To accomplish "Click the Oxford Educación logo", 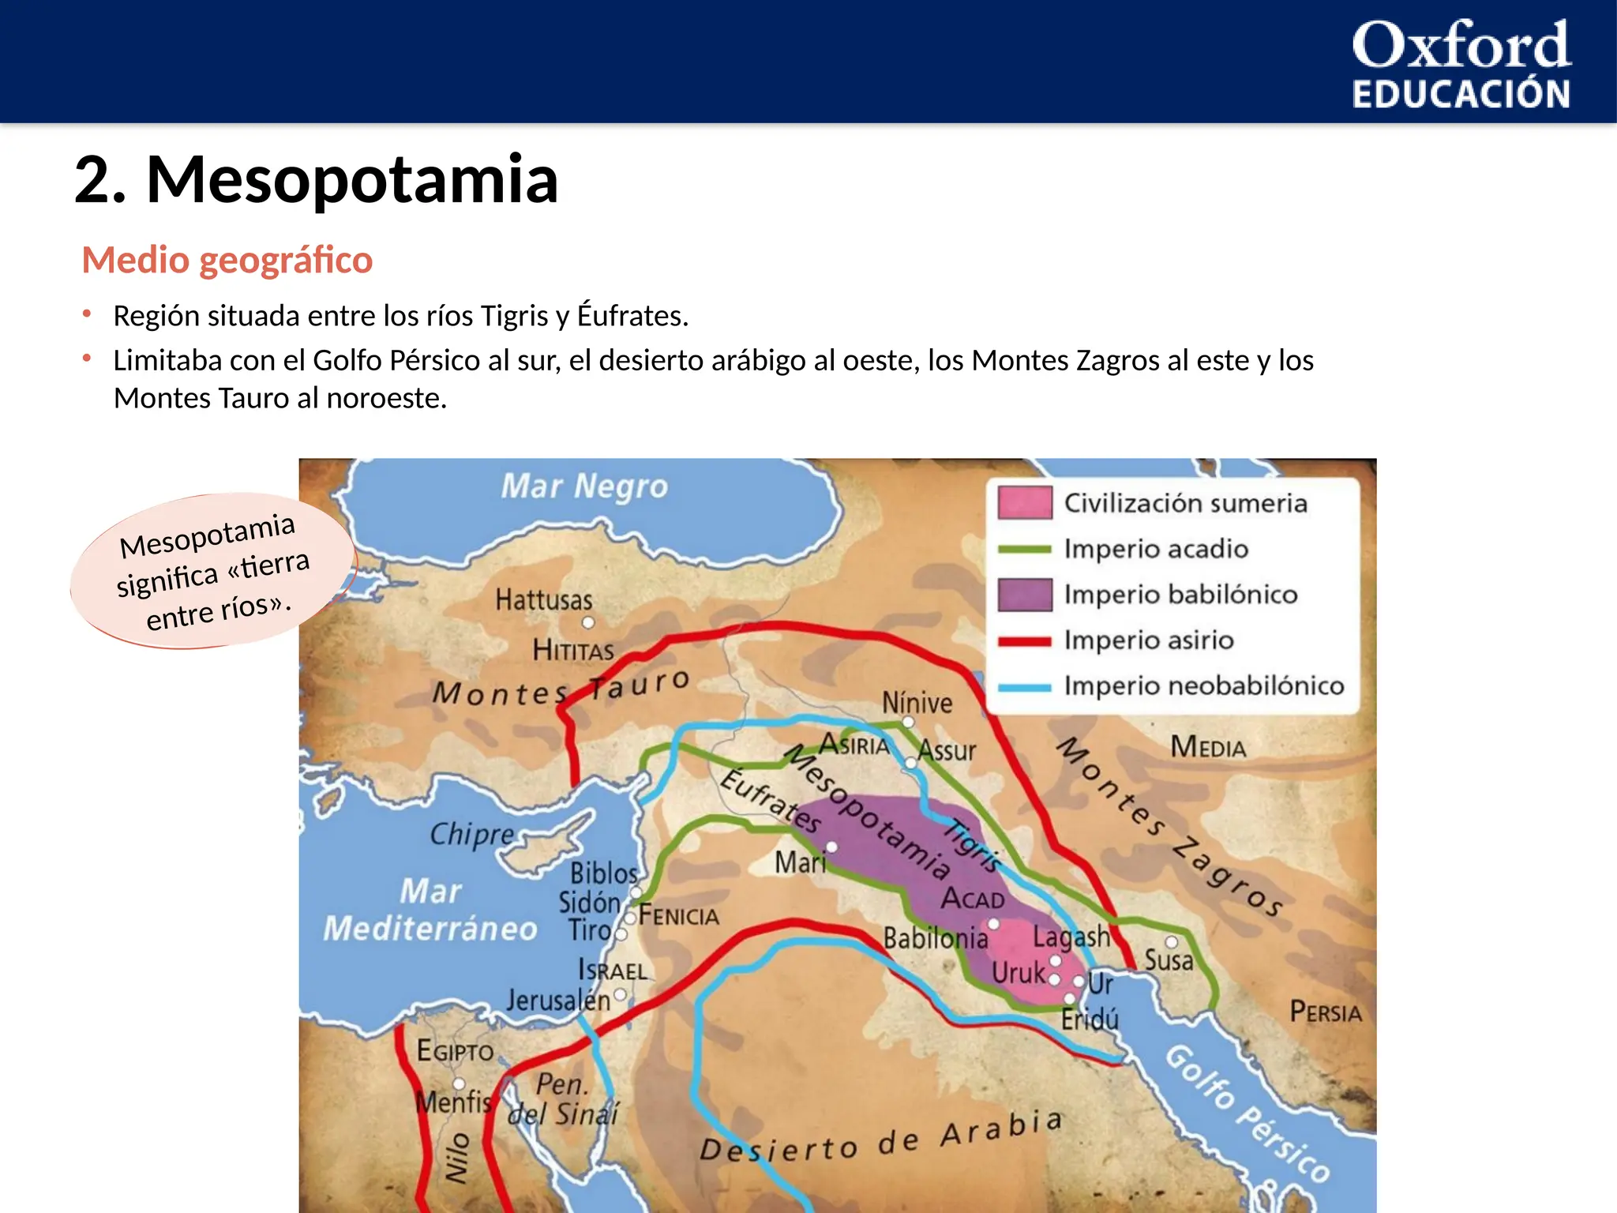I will pyautogui.click(x=1461, y=63).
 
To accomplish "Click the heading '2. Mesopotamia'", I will pyautogui.click(x=316, y=179).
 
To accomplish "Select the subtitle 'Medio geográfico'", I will pyautogui.click(x=227, y=260).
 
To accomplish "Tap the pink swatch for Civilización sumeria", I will pyautogui.click(x=1024, y=503).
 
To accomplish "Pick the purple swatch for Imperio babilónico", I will pyautogui.click(x=1024, y=595).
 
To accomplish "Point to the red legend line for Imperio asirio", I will pyautogui.click(x=1024, y=641).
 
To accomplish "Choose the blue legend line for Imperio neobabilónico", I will pyautogui.click(x=1024, y=687).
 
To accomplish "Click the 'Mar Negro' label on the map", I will pyautogui.click(x=584, y=486).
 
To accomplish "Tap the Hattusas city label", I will pyautogui.click(x=544, y=600).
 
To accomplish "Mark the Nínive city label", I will pyautogui.click(x=917, y=703).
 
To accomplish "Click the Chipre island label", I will pyautogui.click(x=472, y=834).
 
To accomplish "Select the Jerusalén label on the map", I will pyautogui.click(x=558, y=1001).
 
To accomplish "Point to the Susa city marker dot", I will pyautogui.click(x=1172, y=942).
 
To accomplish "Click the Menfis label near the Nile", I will pyautogui.click(x=453, y=1102).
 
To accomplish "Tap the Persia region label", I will pyautogui.click(x=1326, y=1012).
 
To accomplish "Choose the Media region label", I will pyautogui.click(x=1208, y=747).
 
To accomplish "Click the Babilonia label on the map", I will pyautogui.click(x=936, y=939).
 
